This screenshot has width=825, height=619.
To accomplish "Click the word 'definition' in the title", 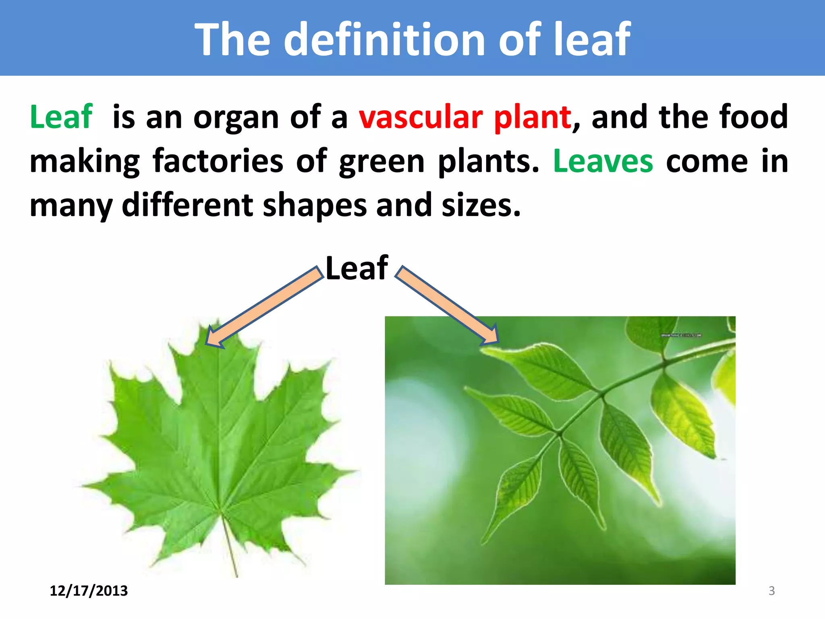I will click(x=384, y=39).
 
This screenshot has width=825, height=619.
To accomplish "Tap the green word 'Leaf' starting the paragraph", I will click(x=61, y=117).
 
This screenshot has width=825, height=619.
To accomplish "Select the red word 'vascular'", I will click(x=421, y=117).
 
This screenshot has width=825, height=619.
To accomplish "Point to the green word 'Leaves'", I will click(x=603, y=161).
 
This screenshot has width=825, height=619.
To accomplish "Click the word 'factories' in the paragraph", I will click(x=218, y=161).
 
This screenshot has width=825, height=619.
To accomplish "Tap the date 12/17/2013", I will click(x=89, y=591).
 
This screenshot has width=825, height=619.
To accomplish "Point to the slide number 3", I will click(x=771, y=591).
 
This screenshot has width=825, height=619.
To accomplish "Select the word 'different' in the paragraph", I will click(x=187, y=205).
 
